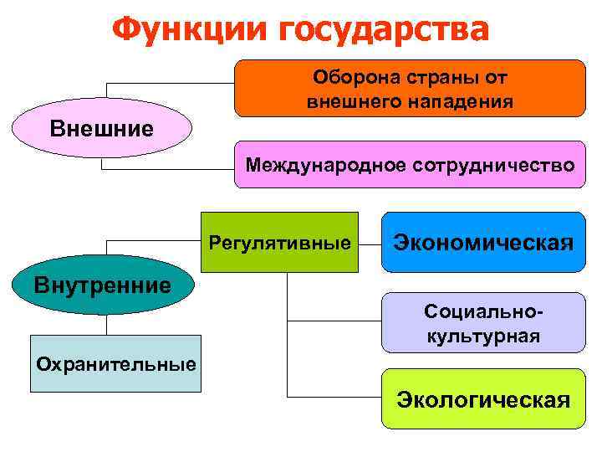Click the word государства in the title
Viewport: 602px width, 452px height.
(384, 30)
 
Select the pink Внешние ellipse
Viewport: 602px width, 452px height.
(102, 129)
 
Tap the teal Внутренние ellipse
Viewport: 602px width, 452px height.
(102, 285)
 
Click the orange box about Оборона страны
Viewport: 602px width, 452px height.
(410, 88)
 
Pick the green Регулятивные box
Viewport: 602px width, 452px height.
(280, 244)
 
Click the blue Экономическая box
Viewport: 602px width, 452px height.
(483, 243)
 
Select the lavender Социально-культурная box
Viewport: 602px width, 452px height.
(483, 323)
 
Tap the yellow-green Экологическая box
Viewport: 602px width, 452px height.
(483, 399)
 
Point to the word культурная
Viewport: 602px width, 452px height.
(483, 336)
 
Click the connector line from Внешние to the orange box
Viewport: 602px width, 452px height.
(167, 82)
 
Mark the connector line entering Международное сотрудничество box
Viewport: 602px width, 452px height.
(167, 169)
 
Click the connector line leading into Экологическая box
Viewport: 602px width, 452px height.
(334, 396)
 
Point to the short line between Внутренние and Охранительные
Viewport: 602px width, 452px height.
(103, 325)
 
